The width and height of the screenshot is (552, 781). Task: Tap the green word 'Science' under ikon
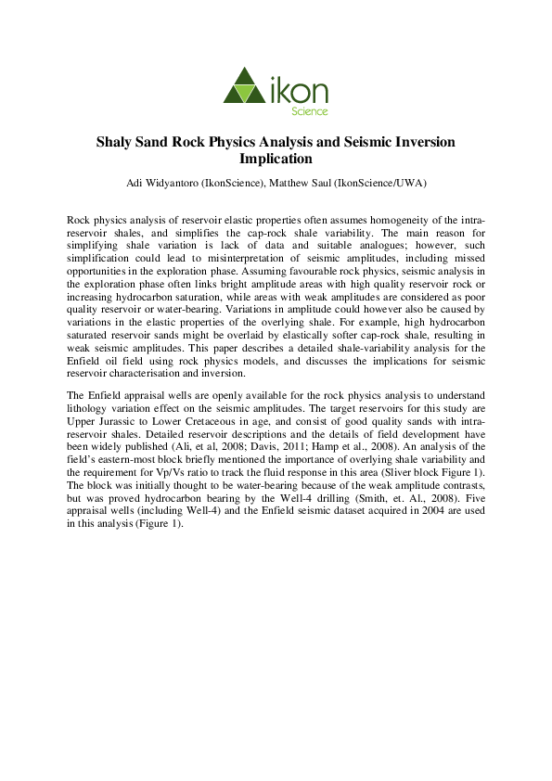[311, 111]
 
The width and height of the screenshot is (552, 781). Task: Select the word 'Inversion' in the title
[423, 143]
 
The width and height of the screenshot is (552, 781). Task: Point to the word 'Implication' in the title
[276, 159]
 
